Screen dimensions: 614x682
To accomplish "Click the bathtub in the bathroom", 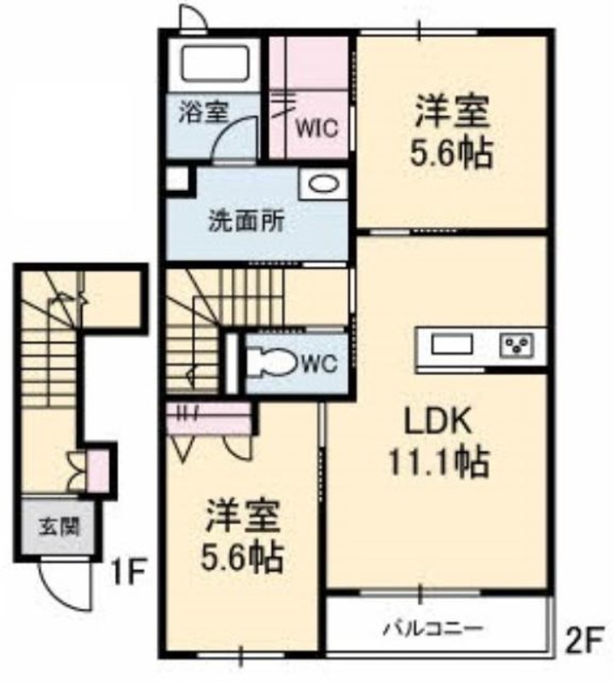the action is (214, 64).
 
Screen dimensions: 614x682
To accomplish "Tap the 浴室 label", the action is (204, 113).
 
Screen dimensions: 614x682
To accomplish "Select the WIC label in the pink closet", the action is (316, 129).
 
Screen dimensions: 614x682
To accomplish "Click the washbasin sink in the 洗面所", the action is (323, 184).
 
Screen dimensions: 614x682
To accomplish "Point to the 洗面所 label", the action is (247, 221).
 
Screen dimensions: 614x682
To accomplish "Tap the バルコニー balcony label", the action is (433, 628).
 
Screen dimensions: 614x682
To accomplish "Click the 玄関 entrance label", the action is (60, 527).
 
